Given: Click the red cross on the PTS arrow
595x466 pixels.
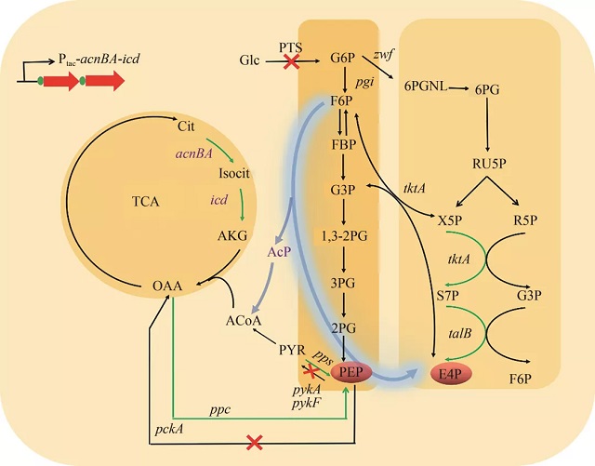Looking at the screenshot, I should [x=291, y=62].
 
